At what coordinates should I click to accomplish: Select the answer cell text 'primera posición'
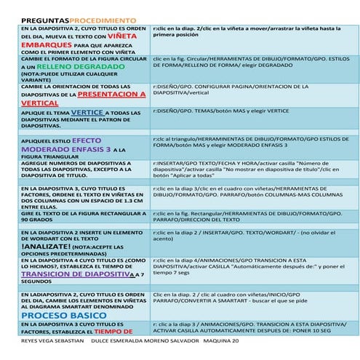[x=183, y=35]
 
